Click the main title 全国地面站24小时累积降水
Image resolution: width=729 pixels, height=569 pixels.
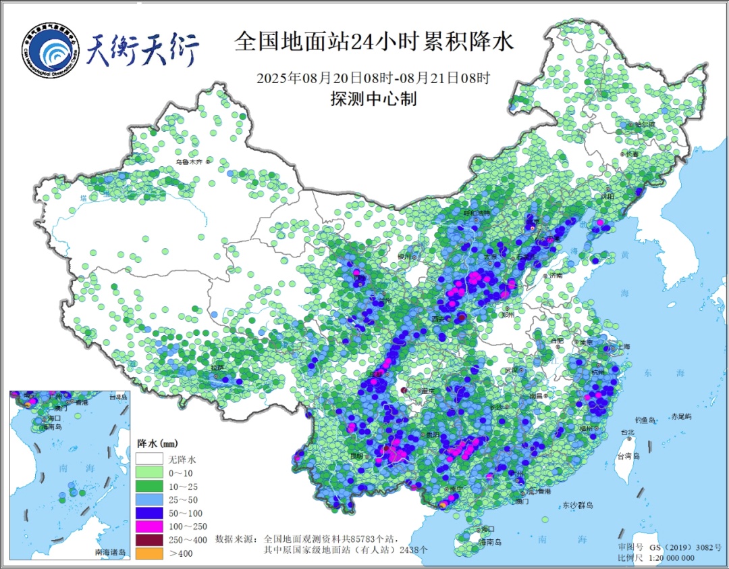click(373, 42)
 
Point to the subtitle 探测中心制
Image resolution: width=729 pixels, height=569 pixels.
click(373, 99)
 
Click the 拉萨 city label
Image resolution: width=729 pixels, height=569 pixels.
click(217, 368)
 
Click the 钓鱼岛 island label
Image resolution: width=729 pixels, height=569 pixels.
click(647, 420)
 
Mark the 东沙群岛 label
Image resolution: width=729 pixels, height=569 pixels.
click(577, 505)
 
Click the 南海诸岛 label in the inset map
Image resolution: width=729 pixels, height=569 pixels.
click(111, 553)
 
